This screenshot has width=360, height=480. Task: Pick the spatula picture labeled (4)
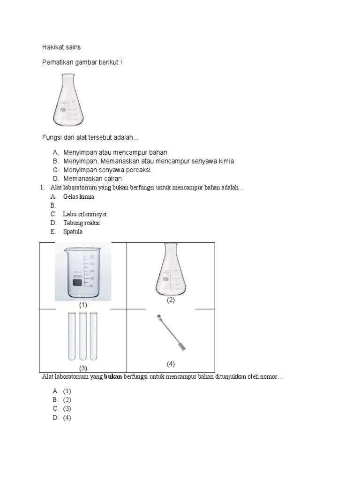click(x=171, y=334)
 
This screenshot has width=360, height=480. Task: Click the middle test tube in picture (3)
click(x=83, y=336)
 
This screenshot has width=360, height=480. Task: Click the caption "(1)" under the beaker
click(x=83, y=305)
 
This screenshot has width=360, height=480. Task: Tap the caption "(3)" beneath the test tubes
click(x=83, y=368)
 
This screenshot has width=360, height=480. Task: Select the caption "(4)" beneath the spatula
click(x=171, y=364)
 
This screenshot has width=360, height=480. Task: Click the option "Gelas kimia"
click(x=79, y=196)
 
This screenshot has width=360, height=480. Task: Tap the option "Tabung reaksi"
click(x=82, y=223)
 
